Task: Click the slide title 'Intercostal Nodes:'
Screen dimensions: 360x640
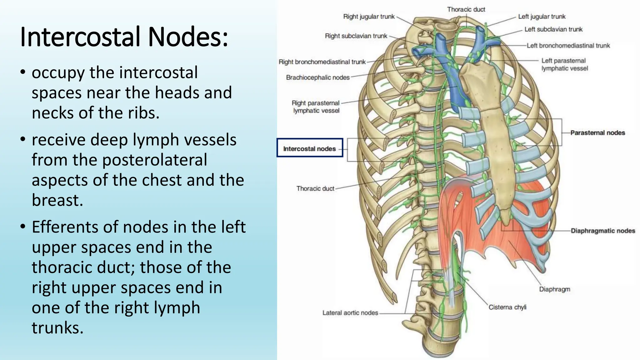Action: (124, 37)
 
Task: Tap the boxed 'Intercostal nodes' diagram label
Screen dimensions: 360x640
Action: (309, 149)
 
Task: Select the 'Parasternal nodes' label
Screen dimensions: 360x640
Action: (597, 133)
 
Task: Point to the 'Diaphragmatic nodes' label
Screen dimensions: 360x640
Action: (603, 231)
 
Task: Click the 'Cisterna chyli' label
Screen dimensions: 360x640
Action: (507, 307)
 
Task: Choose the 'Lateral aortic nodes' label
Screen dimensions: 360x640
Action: (350, 313)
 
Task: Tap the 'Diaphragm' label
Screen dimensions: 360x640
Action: (554, 289)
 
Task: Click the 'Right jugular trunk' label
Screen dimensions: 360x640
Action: (369, 17)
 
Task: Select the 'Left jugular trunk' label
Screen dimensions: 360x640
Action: (542, 17)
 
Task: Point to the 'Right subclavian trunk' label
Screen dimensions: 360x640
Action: (356, 36)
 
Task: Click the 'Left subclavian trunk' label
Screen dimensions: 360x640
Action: (553, 29)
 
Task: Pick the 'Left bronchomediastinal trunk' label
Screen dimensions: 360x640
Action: (568, 46)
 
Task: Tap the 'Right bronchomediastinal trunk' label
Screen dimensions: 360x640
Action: (322, 62)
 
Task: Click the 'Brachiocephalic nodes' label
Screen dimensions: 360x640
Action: (317, 77)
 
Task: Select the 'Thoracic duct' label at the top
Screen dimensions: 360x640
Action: (466, 9)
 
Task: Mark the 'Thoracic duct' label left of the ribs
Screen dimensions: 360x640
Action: (315, 188)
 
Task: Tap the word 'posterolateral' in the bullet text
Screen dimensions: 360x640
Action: (155, 160)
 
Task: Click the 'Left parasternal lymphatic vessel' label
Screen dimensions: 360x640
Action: (564, 64)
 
